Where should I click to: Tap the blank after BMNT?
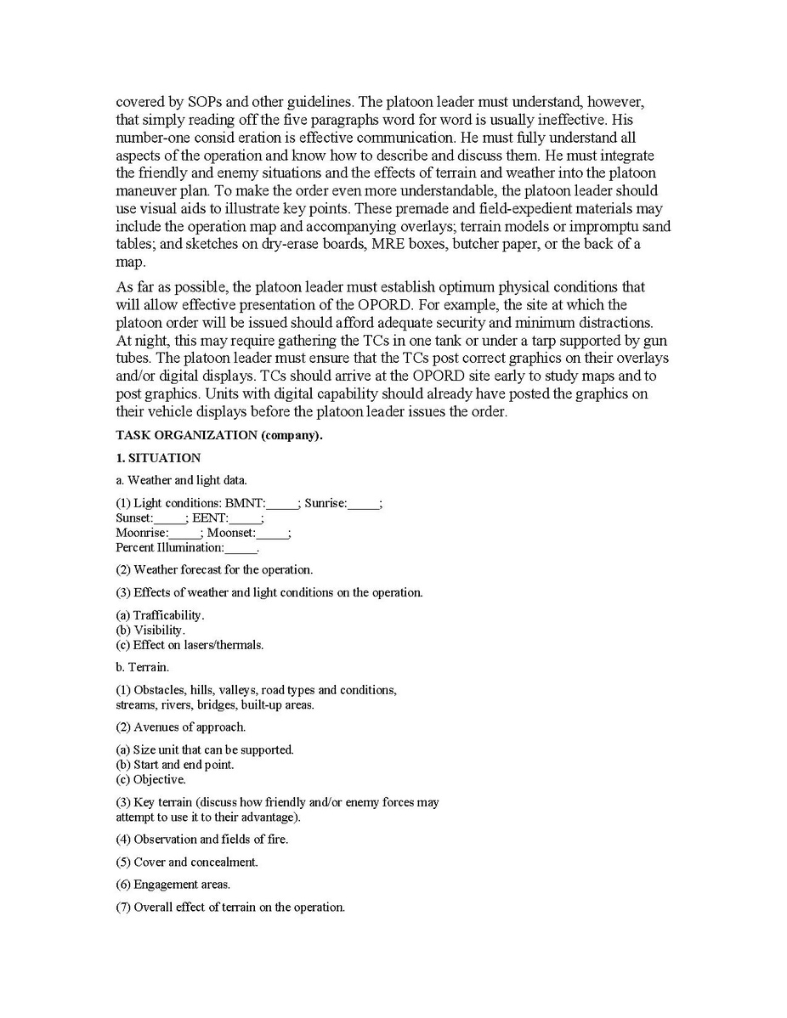click(x=282, y=504)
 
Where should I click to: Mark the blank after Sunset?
click(x=170, y=517)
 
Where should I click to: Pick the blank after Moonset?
click(x=272, y=533)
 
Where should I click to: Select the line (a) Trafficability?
click(x=160, y=614)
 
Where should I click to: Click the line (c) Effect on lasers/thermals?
click(x=190, y=645)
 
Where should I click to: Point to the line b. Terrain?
click(x=142, y=667)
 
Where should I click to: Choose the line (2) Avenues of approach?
click(x=181, y=727)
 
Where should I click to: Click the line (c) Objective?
click(x=150, y=779)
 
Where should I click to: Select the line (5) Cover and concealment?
click(x=186, y=862)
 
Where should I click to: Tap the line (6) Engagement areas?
click(x=173, y=885)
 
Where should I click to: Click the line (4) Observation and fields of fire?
click(x=201, y=840)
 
